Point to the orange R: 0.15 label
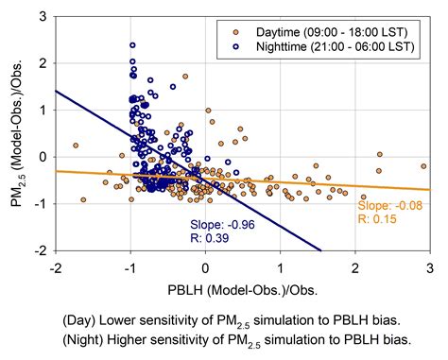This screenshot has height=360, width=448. click(x=374, y=218)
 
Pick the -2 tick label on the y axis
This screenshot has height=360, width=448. click(x=42, y=251)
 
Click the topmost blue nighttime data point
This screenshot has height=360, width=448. click(x=132, y=44)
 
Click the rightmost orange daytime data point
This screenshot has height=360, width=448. click(x=423, y=165)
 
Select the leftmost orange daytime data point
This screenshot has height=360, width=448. click(x=76, y=146)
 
